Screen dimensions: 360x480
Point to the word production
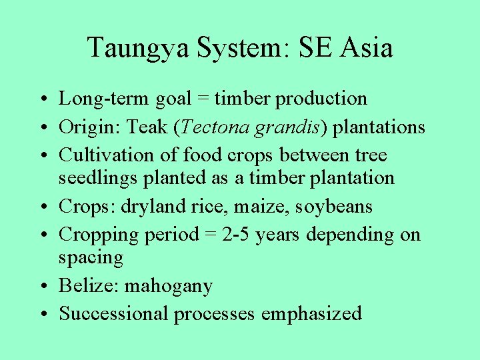pyautogui.click(x=322, y=99)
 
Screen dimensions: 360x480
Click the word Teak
pyautogui.click(x=160, y=127)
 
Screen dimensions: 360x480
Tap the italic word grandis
pyautogui.click(x=294, y=127)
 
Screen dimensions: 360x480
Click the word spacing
pyautogui.click(x=91, y=258)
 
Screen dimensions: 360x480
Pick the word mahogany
pyautogui.click(x=169, y=287)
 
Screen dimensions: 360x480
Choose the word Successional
pyautogui.click(x=114, y=313)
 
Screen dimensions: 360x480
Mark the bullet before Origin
pyautogui.click(x=43, y=127)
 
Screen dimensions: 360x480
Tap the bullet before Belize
pyautogui.click(x=43, y=287)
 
